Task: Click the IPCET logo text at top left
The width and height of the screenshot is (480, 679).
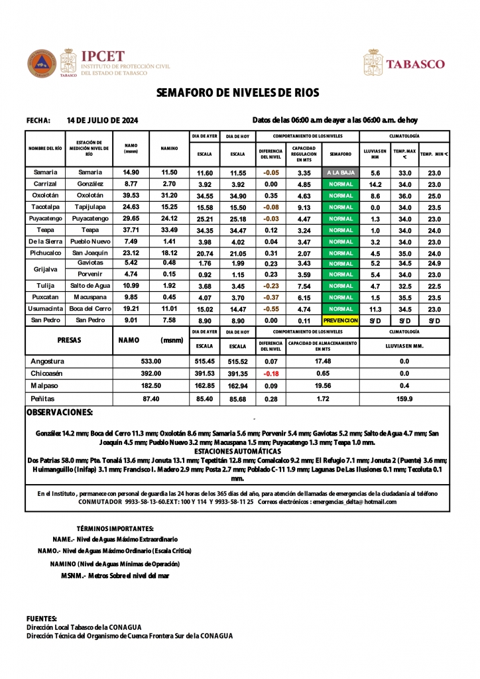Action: [102, 56]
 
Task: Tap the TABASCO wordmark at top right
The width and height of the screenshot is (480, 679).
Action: [415, 64]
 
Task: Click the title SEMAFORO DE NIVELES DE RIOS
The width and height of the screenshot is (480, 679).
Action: [238, 93]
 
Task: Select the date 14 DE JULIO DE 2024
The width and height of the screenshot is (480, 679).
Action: [103, 121]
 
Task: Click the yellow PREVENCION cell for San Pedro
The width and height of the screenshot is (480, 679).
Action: [341, 320]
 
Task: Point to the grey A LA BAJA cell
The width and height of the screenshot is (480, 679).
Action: [341, 173]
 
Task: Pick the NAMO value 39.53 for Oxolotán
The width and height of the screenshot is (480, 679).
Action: [131, 196]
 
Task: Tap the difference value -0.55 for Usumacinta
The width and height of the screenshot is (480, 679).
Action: [270, 309]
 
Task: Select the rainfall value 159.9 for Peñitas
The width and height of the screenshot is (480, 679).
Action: [404, 399]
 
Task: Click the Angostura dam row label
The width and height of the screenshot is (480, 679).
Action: [48, 361]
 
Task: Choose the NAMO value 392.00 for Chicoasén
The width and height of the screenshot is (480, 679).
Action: [151, 374]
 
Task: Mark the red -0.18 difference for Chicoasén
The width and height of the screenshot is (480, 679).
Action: [270, 374]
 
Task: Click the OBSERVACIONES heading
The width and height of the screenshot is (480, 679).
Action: [60, 412]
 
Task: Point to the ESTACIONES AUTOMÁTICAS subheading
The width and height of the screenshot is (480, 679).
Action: [238, 451]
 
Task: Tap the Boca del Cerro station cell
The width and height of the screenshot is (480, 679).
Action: [90, 309]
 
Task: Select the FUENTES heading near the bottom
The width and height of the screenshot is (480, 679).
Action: [41, 618]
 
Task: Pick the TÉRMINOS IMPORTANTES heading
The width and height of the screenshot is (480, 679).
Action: [115, 528]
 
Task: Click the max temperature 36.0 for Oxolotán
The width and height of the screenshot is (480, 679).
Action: [404, 196]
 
